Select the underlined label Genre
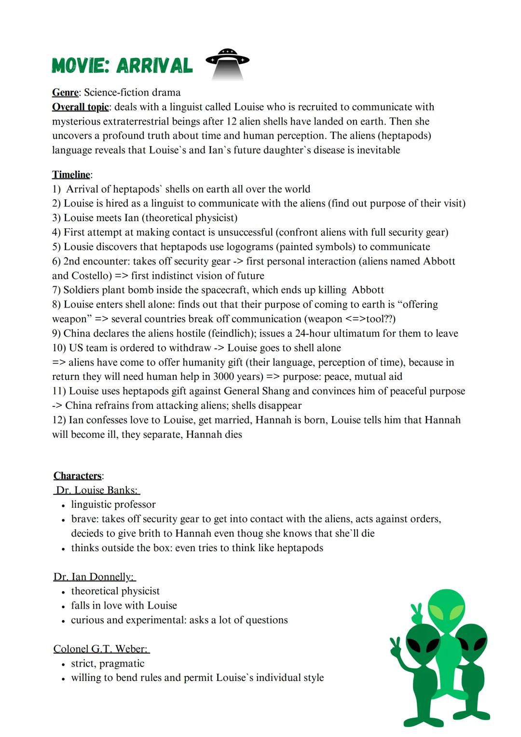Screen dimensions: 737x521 [65, 92]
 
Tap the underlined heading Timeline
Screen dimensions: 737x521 [71, 174]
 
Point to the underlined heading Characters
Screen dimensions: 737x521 [78, 475]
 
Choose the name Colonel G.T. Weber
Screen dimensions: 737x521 [100, 649]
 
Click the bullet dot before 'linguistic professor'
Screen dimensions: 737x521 [63, 505]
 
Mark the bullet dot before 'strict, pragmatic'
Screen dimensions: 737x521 [63, 664]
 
